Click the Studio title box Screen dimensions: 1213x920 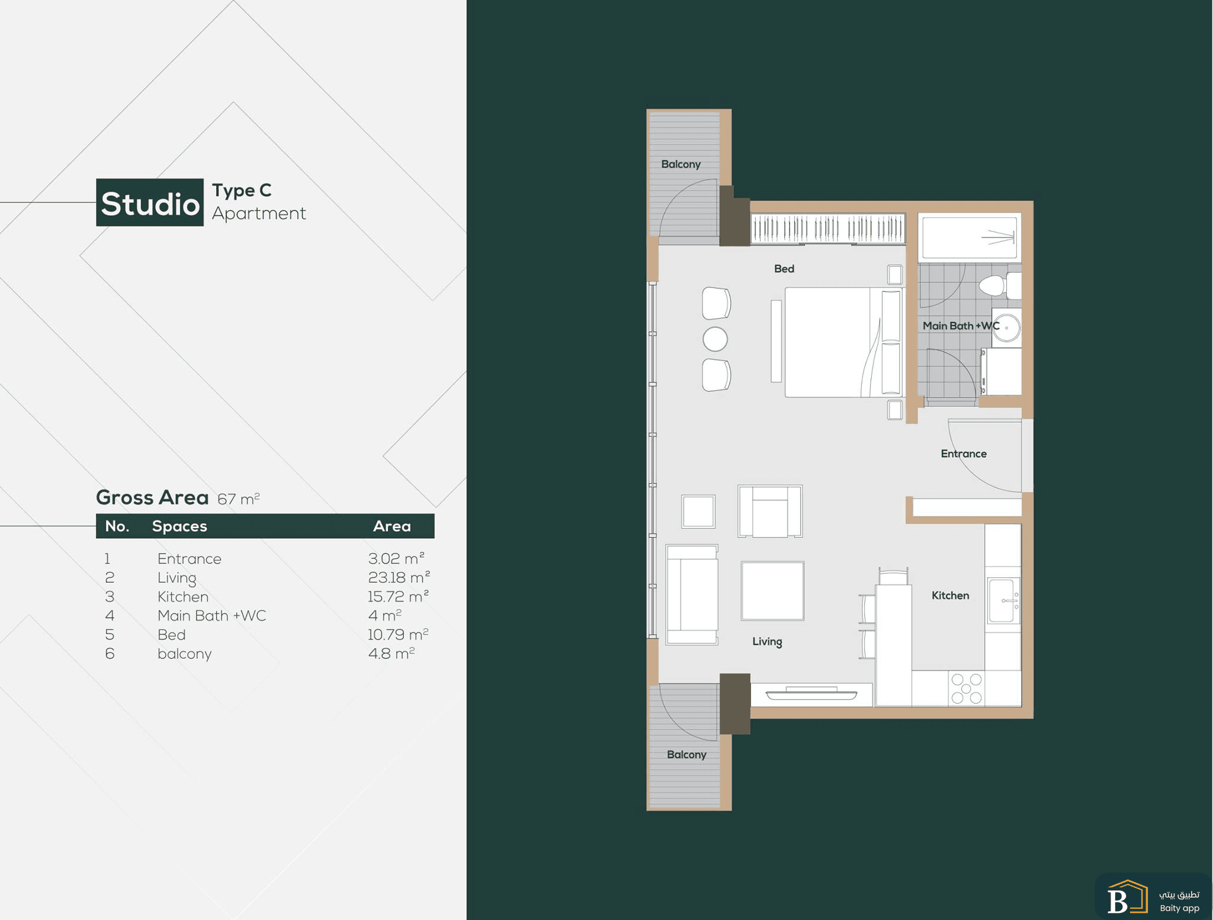tap(150, 202)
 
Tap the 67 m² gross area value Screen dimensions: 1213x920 tap(239, 499)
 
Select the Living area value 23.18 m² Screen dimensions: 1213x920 tap(399, 577)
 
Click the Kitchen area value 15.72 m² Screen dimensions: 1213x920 tap(398, 596)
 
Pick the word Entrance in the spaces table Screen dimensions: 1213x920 tap(190, 559)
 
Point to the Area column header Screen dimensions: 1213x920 tap(392, 526)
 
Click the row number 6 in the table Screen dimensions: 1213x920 tap(110, 653)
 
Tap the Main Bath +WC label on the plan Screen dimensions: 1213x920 tap(961, 325)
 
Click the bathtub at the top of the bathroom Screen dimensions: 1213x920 tap(970, 237)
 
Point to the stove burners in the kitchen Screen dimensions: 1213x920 tap(967, 688)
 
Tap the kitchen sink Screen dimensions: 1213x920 tap(1003, 600)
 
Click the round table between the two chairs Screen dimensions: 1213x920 tap(715, 339)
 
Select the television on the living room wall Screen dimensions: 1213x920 tap(811, 693)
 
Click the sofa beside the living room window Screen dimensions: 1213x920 tap(692, 594)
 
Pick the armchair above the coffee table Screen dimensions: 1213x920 tap(770, 511)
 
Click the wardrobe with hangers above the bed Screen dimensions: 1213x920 tap(828, 228)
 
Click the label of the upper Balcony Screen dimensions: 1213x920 tap(681, 164)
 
